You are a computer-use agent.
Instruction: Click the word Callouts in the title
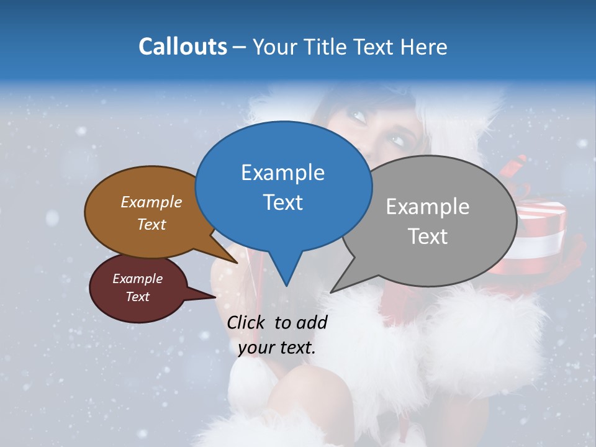[183, 47]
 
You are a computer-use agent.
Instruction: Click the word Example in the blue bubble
[282, 173]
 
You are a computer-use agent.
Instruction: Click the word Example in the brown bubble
[151, 202]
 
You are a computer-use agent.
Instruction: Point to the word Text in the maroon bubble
[137, 297]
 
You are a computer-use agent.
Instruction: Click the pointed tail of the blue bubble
[286, 276]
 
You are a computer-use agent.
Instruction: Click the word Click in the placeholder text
[246, 322]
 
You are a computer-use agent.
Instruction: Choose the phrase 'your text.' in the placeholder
[277, 348]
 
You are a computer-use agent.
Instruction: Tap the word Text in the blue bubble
[282, 202]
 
